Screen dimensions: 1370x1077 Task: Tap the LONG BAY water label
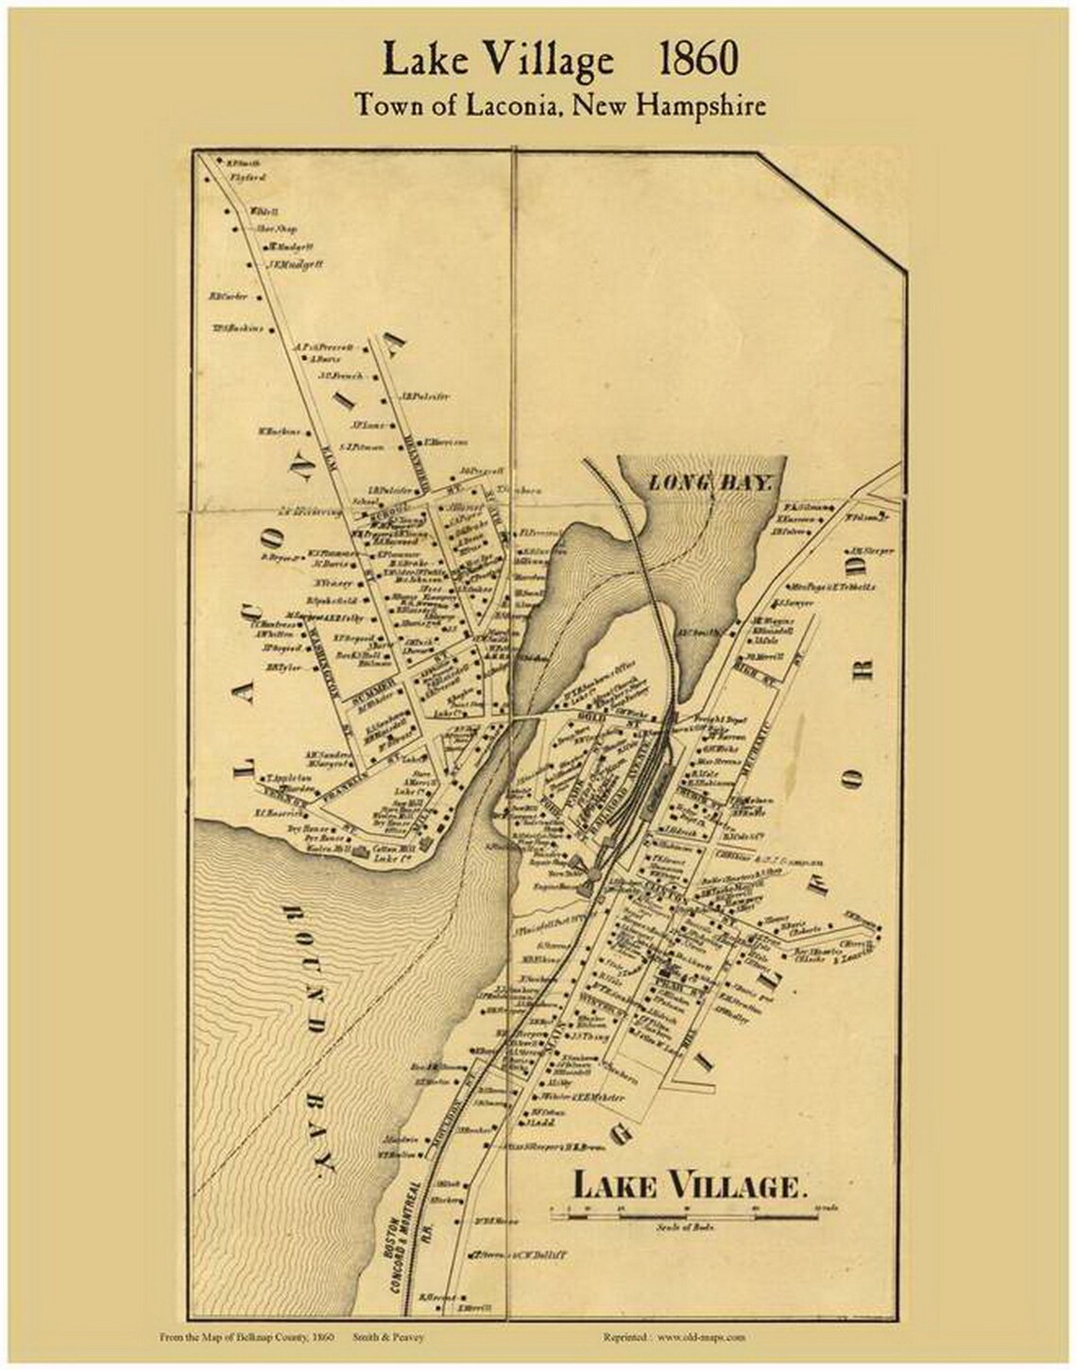point(711,482)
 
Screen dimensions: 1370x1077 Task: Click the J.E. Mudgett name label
point(295,265)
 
